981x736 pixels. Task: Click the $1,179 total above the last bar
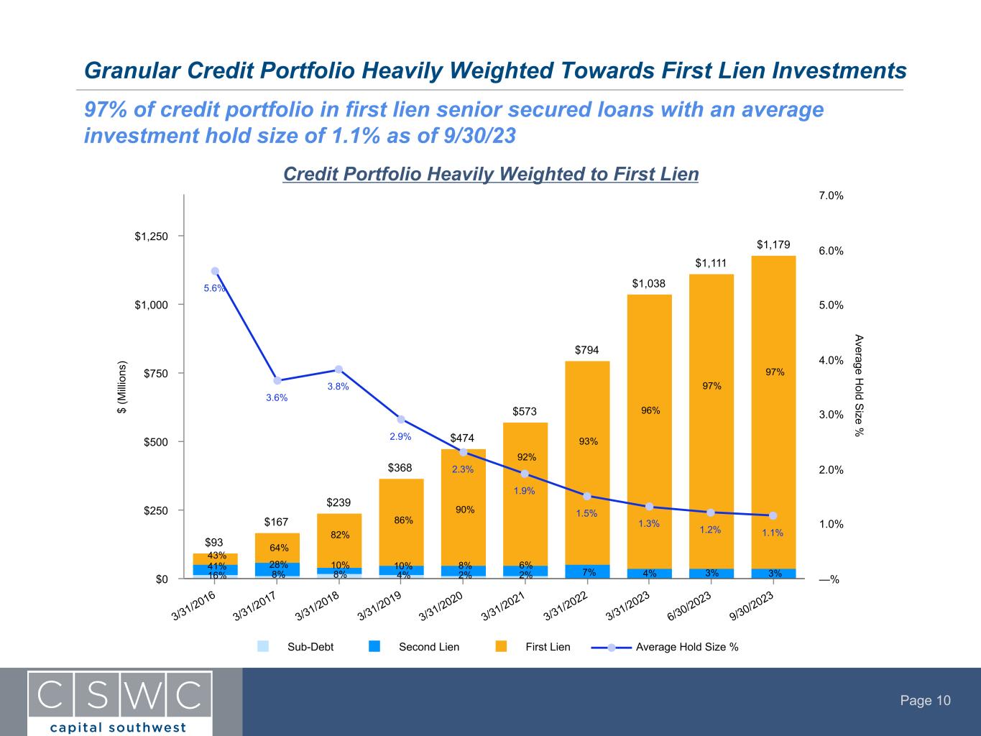pos(773,245)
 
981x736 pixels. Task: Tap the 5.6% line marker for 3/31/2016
pos(215,271)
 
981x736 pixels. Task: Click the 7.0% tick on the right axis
pos(831,196)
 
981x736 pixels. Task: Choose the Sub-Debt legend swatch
pos(263,646)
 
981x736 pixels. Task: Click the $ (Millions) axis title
pos(122,387)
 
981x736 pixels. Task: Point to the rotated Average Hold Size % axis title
pos(859,385)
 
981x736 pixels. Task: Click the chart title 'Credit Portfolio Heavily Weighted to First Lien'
pos(491,175)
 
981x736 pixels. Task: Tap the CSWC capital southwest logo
pos(119,702)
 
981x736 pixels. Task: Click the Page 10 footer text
pos(926,701)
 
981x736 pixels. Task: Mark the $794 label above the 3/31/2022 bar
pos(587,350)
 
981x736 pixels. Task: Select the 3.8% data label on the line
pos(338,386)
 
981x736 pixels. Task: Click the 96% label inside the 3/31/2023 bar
pos(650,410)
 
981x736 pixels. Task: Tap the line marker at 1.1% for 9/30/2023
pos(773,515)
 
